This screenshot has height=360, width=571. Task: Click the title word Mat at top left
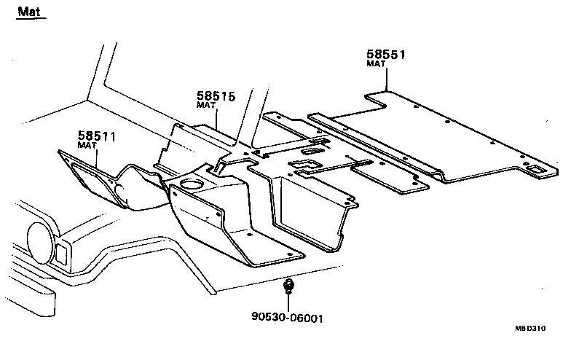click(28, 12)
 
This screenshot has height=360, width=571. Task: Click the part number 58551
click(385, 55)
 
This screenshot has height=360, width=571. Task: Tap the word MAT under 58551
click(376, 64)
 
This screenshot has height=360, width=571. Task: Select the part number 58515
click(216, 95)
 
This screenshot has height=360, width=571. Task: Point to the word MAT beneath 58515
click(206, 106)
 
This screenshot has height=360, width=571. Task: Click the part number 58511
click(97, 136)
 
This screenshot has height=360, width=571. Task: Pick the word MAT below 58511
click(87, 145)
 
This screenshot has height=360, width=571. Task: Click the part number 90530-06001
click(287, 318)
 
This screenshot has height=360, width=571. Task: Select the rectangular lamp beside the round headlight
click(63, 252)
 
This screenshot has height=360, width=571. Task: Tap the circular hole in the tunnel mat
click(190, 184)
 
